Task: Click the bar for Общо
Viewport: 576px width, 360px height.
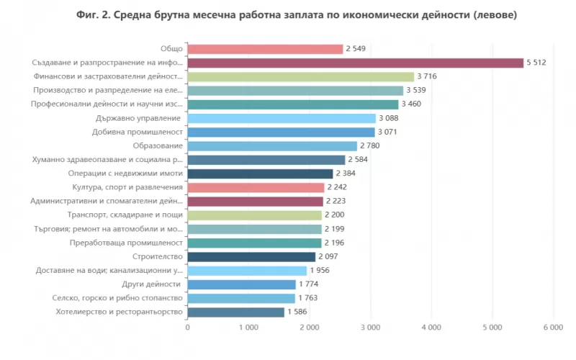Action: [265, 49]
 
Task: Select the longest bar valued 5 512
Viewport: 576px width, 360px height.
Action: [356, 63]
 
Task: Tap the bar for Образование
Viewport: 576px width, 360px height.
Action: [272, 146]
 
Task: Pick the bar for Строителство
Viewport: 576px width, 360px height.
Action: [251, 257]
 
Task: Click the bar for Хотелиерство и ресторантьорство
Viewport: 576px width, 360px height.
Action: [235, 312]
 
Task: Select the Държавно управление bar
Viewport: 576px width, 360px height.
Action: [282, 118]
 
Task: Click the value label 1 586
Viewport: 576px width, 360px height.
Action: [298, 312]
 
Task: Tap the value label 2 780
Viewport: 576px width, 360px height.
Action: [372, 146]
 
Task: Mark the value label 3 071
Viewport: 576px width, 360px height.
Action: [390, 132]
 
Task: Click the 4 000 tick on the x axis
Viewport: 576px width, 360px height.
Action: [431, 328]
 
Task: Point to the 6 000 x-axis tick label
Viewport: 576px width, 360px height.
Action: [553, 328]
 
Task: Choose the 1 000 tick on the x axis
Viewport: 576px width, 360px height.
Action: [248, 328]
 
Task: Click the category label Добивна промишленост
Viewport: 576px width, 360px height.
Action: [138, 132]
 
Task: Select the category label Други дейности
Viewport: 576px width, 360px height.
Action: [152, 284]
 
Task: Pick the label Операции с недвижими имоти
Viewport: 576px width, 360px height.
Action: [125, 174]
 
